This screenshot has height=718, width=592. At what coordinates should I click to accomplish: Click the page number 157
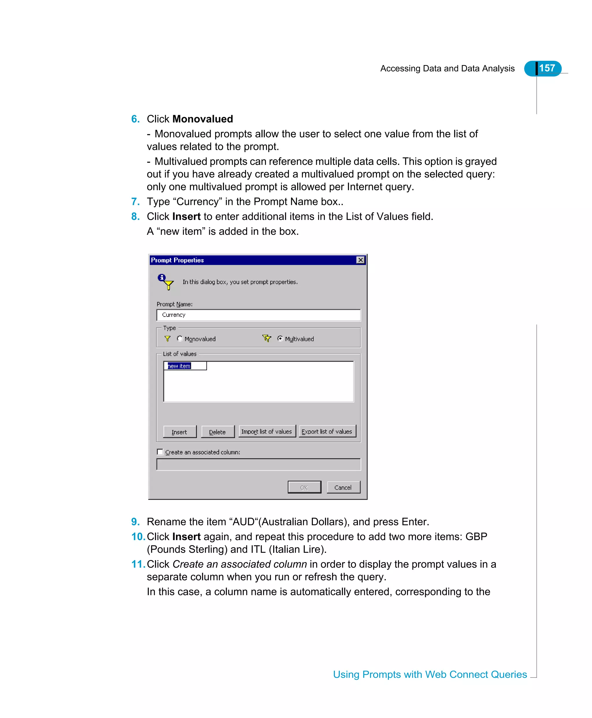(547, 68)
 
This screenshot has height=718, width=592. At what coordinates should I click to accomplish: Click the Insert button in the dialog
(180, 432)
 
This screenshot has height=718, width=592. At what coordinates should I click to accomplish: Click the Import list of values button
(267, 431)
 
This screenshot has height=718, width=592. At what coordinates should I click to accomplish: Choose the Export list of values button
(327, 431)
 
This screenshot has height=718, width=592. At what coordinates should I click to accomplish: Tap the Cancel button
(343, 487)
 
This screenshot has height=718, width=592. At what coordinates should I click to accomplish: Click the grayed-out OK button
(304, 487)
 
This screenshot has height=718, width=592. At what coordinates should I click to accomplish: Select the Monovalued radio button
(180, 338)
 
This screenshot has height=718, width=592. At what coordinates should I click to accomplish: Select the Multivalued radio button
(280, 338)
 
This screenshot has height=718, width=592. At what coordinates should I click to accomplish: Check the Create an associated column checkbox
(160, 452)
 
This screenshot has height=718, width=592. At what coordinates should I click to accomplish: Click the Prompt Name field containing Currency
(258, 315)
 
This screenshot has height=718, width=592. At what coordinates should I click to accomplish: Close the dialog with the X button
(360, 260)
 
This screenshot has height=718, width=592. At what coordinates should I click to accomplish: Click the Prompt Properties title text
(177, 260)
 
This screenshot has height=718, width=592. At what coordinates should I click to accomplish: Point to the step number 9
(135, 522)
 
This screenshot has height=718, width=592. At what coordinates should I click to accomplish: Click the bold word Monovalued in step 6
(203, 119)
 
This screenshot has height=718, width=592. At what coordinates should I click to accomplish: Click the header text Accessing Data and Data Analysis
(447, 69)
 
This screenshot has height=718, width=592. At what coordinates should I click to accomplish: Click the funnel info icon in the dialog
(166, 281)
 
